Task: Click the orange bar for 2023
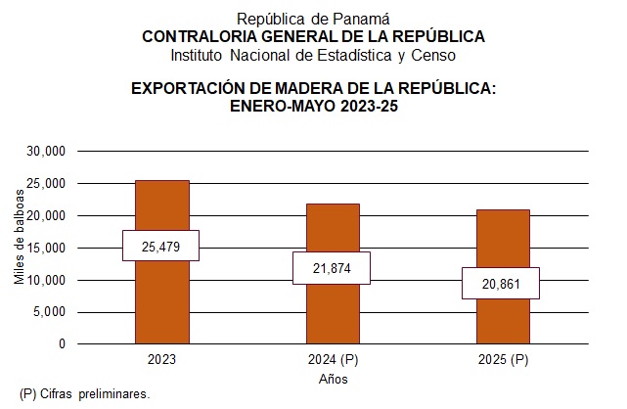pos(161,303)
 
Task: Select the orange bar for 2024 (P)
pos(333,313)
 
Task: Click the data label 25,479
pos(161,246)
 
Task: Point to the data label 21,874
pos(333,268)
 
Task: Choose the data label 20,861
pos(503,283)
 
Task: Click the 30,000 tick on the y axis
pos(46,152)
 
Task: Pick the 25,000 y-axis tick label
pos(46,184)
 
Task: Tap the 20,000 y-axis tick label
pos(46,216)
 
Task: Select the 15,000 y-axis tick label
pos(46,249)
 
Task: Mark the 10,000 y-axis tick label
pos(46,281)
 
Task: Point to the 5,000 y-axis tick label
pos(49,312)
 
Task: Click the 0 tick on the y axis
pos(61,344)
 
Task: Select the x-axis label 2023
pos(161,360)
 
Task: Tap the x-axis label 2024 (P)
pos(333,360)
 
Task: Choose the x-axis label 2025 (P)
pos(503,360)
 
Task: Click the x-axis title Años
pos(333,378)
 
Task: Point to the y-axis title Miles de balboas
pos(19,248)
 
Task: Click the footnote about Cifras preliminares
pos(84,393)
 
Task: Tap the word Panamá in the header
pos(363,18)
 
